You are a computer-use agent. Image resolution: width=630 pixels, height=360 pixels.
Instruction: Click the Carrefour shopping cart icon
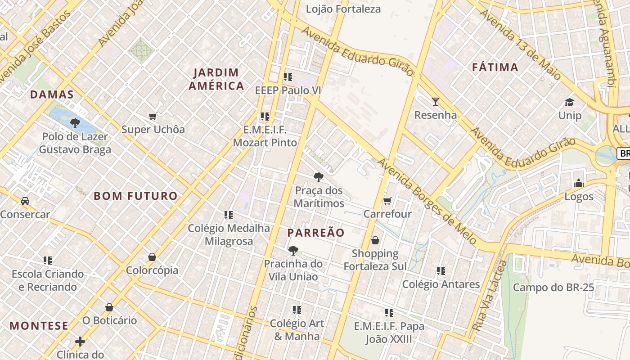[x=387, y=201]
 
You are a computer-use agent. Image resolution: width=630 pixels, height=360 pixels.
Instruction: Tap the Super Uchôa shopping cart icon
[x=153, y=117]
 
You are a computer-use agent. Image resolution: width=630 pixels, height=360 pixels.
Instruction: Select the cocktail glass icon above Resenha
[x=435, y=102]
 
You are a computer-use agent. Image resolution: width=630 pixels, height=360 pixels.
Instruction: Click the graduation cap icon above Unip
[x=570, y=102]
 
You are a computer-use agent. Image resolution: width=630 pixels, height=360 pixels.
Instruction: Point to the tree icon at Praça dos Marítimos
[x=319, y=177]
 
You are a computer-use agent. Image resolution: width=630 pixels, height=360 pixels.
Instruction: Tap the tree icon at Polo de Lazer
[x=75, y=123]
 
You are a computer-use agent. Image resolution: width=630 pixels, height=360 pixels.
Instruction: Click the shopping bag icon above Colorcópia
[x=152, y=257]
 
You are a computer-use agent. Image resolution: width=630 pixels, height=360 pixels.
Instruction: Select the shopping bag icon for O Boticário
[x=109, y=307]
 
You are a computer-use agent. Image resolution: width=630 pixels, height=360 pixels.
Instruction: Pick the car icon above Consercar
[x=25, y=201]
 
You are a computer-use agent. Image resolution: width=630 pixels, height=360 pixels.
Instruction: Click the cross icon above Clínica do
[x=80, y=342]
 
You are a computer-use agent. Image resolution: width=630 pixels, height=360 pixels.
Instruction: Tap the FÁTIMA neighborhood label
[x=495, y=67]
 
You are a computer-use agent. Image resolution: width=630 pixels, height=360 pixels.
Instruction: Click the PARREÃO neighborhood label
[x=316, y=233]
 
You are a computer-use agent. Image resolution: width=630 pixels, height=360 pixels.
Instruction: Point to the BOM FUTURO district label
[x=136, y=196]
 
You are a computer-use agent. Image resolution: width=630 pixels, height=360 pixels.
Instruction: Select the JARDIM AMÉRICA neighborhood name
[x=216, y=79]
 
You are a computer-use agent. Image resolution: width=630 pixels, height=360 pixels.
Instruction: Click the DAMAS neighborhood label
[x=52, y=94]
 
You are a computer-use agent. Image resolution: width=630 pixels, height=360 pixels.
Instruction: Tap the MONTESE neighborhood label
[x=39, y=326]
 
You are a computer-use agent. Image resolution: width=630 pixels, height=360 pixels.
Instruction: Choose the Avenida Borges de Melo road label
[x=427, y=201]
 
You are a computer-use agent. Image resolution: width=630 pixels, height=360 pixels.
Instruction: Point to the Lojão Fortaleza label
[x=343, y=9]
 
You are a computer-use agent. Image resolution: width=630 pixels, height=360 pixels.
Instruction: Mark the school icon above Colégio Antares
[x=441, y=271]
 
